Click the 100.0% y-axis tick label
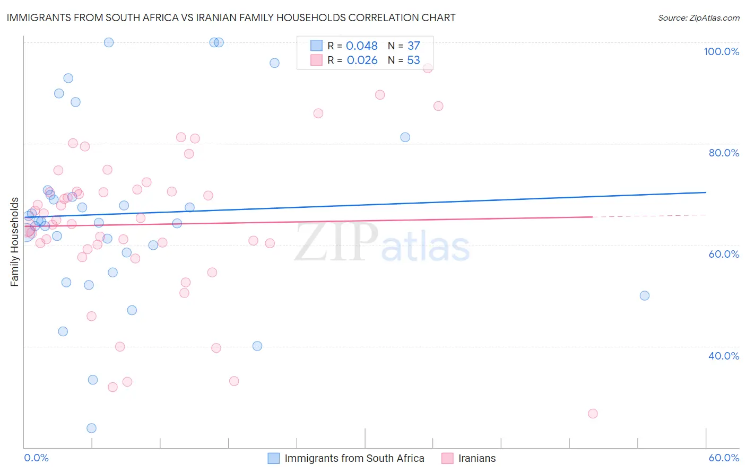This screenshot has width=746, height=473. pyautogui.click(x=721, y=51)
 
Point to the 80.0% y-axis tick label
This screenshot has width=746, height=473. pyautogui.click(x=724, y=153)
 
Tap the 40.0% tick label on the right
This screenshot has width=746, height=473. pyautogui.click(x=724, y=356)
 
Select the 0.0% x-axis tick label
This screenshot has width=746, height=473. pyautogui.click(x=36, y=458)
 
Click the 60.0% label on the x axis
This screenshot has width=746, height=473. pyautogui.click(x=724, y=458)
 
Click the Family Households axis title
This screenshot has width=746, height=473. pyautogui.click(x=15, y=242)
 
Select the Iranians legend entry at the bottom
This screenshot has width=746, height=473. pyautogui.click(x=476, y=458)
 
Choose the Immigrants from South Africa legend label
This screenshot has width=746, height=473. pyautogui.click(x=354, y=458)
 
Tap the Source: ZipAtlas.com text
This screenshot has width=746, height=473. pyautogui.click(x=698, y=18)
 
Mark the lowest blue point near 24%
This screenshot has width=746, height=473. pyautogui.click(x=91, y=428)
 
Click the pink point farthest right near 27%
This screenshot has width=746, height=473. pyautogui.click(x=593, y=414)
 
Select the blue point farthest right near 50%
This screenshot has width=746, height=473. pyautogui.click(x=645, y=295)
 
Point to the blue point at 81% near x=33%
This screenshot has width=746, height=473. pyautogui.click(x=405, y=137)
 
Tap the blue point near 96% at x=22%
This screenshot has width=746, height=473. pyautogui.click(x=274, y=63)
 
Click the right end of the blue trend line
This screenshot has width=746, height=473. pyautogui.click(x=706, y=192)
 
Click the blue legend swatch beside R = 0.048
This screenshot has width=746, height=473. pyautogui.click(x=317, y=46)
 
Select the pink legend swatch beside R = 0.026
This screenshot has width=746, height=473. pyautogui.click(x=317, y=60)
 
